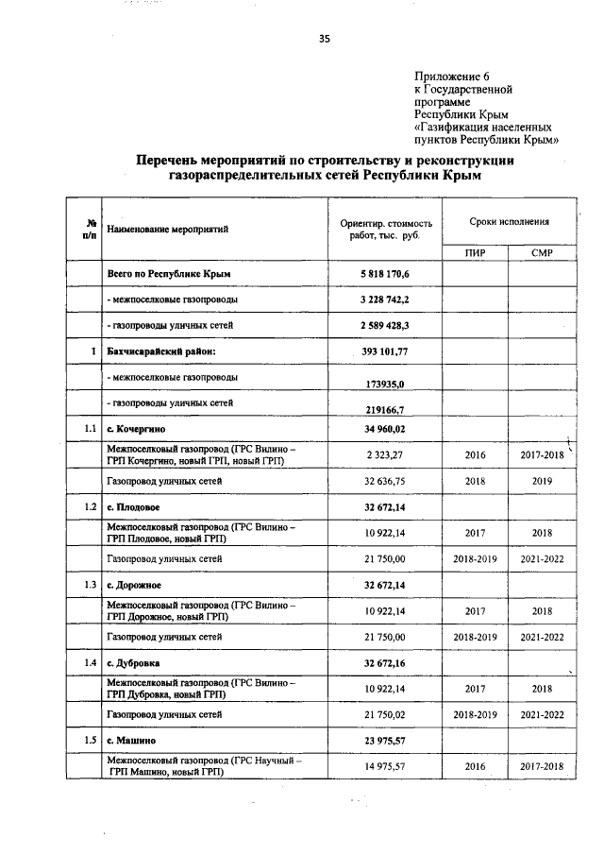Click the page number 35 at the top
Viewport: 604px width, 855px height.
coord(324,39)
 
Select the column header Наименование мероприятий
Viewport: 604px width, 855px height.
coord(168,229)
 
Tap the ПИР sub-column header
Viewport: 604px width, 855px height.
coord(475,252)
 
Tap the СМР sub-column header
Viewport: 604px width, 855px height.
coord(542,252)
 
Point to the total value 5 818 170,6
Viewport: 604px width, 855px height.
coord(385,273)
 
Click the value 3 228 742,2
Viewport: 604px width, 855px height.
coord(385,299)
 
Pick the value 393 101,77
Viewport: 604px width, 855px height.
coord(387,351)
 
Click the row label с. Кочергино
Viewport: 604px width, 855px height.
coord(139,429)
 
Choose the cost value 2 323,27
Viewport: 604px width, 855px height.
coord(386,454)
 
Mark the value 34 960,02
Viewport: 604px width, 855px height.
coord(386,429)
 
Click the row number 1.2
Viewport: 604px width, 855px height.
coord(87,507)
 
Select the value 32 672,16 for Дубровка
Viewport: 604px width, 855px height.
coord(386,663)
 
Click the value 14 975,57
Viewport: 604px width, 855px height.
coord(386,766)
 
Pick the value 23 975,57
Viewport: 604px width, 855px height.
coord(386,741)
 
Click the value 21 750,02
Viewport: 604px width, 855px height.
coord(386,715)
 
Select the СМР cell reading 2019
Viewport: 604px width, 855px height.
coord(542,481)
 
